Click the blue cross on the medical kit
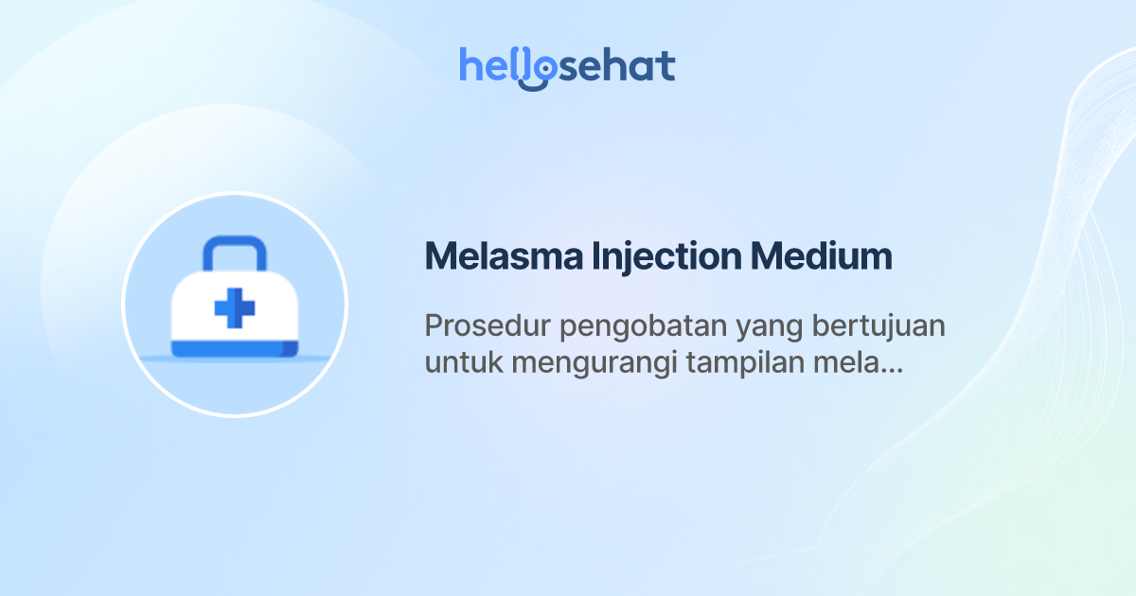coord(235,308)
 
